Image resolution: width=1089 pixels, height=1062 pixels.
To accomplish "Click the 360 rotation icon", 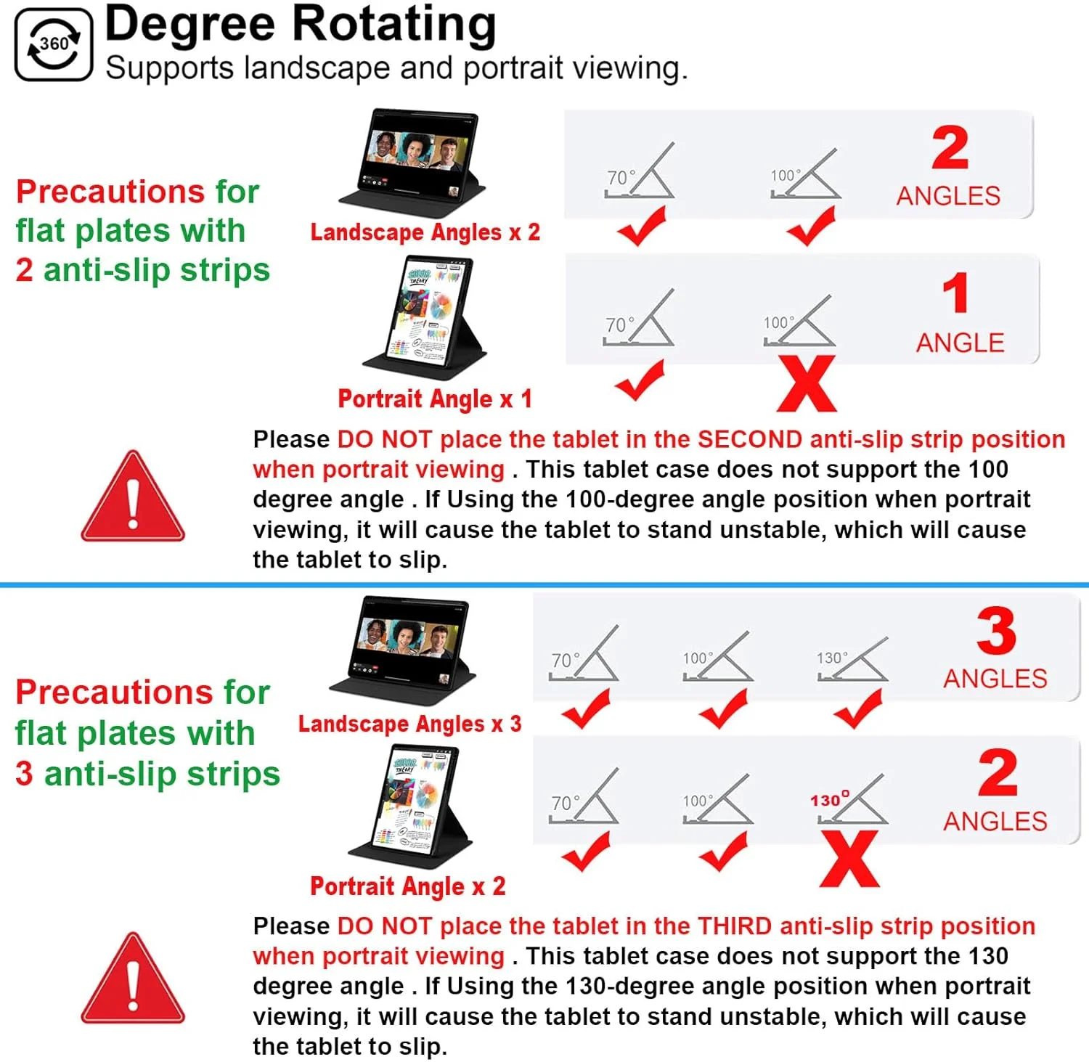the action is coord(54,44).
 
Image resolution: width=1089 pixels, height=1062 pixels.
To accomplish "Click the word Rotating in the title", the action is coord(394,25).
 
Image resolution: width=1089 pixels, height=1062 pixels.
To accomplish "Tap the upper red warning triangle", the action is coord(133,497).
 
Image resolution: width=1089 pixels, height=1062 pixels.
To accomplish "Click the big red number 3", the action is coord(996,631).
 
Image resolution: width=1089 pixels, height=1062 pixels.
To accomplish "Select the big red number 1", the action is coord(955,293).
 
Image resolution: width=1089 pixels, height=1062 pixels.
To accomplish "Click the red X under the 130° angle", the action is coord(849,859).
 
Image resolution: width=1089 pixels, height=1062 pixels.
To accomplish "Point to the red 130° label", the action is coord(829,799).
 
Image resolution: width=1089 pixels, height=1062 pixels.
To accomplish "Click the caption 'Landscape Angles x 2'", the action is coord(425,232).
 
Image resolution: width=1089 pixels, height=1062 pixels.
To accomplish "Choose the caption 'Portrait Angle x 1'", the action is coord(435,399).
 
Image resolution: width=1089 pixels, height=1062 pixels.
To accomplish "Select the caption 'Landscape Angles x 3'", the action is coord(410,724).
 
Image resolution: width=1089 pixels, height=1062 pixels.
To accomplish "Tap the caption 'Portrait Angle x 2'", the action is coord(408,886).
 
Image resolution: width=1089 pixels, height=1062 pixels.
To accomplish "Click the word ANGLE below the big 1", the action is coord(960,343).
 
